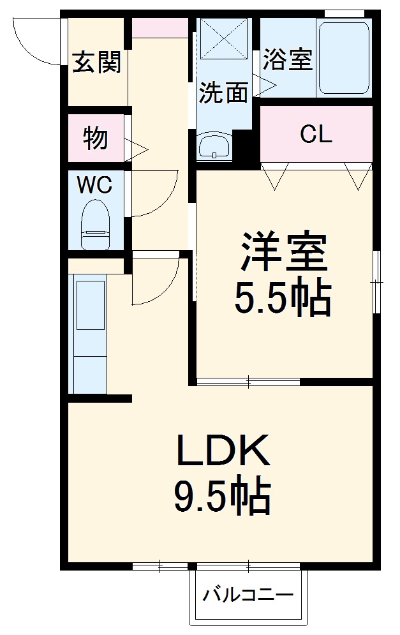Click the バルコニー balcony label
tap(248, 596)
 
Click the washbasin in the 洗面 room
tap(214, 148)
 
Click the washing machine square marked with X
tap(223, 40)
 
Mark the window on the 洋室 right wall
tap(377, 281)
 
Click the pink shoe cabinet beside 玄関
tap(160, 27)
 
